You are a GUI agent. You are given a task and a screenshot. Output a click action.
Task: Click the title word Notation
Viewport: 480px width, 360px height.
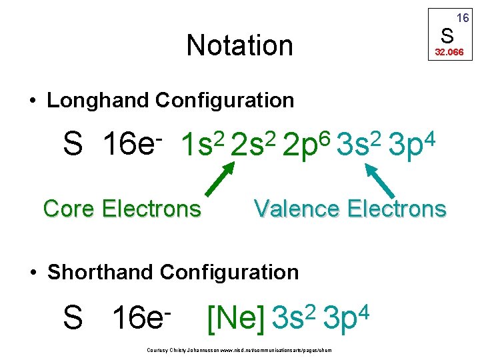tap(239, 45)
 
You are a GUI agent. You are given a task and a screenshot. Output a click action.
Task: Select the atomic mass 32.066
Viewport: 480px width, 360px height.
tap(449, 51)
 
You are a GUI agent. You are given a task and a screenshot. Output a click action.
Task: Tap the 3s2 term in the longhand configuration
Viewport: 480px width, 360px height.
tap(359, 144)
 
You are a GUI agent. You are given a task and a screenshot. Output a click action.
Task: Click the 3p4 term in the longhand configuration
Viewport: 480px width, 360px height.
tap(411, 144)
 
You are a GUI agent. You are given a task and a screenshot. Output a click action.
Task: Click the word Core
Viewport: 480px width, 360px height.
tap(70, 209)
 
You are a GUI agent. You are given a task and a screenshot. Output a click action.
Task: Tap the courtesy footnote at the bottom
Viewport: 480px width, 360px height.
tap(239, 350)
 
